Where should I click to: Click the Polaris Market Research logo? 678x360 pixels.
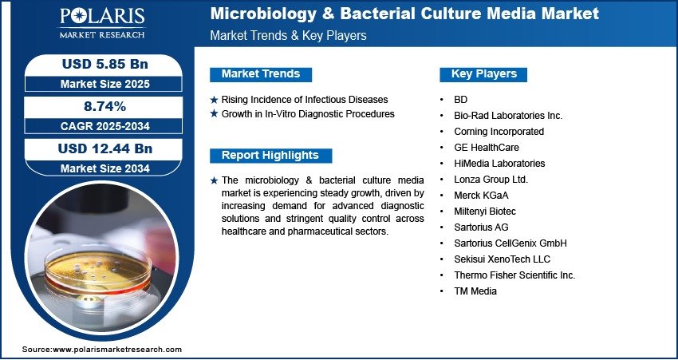(102, 22)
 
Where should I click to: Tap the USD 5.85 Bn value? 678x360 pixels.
(105, 64)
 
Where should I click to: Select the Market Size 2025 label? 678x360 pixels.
(105, 84)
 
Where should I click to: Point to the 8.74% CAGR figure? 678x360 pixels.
(104, 106)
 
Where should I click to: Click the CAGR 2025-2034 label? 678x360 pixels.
(105, 126)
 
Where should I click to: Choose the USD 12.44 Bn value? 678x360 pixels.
(105, 148)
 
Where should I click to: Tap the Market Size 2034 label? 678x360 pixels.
(105, 168)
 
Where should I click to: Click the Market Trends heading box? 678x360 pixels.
(261, 74)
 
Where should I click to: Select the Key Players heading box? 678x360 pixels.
(483, 74)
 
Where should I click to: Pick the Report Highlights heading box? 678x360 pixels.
(270, 156)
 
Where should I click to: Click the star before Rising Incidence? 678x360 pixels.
(214, 100)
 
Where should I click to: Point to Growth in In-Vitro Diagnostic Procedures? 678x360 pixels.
(308, 114)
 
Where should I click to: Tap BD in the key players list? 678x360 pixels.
(460, 100)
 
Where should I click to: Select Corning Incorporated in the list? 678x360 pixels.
(499, 132)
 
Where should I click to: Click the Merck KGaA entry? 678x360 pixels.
(481, 196)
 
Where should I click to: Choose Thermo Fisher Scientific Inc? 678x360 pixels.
(514, 275)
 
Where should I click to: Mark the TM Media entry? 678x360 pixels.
(475, 291)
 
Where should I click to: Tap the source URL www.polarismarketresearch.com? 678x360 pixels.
(117, 350)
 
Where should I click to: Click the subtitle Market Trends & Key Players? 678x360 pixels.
(288, 35)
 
